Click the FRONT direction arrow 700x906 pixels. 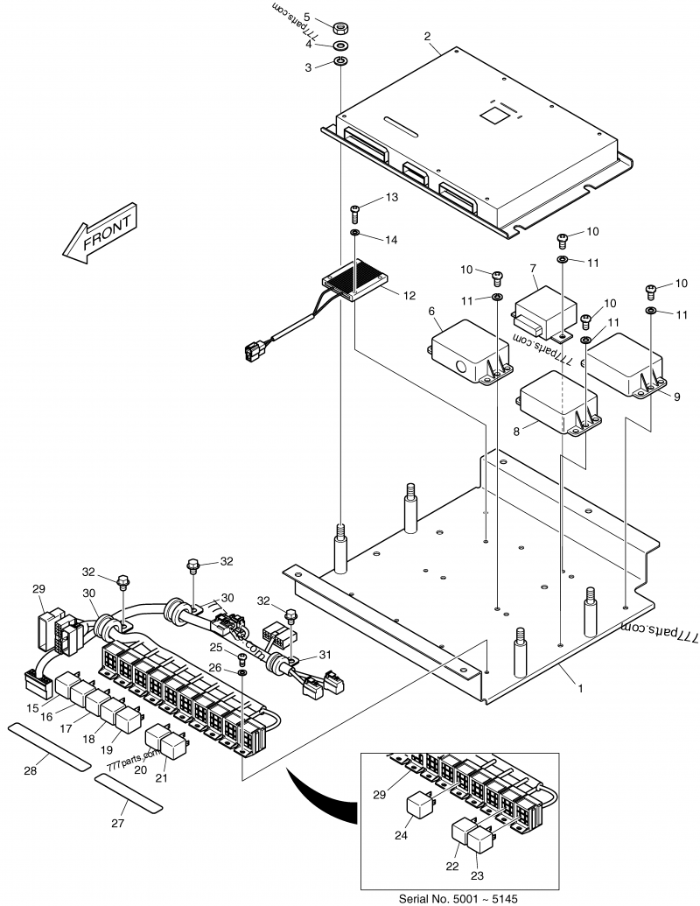[x=98, y=235]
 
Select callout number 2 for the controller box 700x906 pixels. [x=426, y=36]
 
